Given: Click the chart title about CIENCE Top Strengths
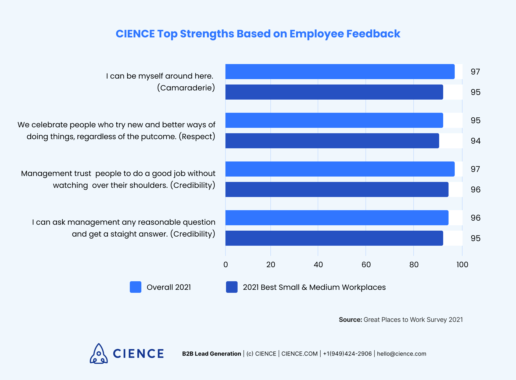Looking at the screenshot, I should [258, 34].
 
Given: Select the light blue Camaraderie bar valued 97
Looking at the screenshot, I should [340, 72].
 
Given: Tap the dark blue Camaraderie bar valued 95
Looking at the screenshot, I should [334, 92].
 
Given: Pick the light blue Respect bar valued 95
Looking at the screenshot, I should [334, 120].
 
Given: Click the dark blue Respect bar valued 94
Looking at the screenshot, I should [332, 141].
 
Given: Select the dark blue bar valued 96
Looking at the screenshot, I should [337, 189].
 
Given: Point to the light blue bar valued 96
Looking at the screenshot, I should [337, 218].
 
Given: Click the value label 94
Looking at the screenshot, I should [475, 141].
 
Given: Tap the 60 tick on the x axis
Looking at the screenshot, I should [366, 265].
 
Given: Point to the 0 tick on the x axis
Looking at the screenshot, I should [226, 265].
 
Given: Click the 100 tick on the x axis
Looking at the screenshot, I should [462, 265].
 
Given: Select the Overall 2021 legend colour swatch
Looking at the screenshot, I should [135, 287].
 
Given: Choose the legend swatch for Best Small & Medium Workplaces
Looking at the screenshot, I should [232, 287].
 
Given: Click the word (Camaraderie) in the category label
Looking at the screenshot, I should [186, 88].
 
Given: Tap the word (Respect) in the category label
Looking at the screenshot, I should [197, 136].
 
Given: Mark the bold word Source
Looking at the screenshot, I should [350, 320].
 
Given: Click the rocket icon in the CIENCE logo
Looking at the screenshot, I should [99, 354].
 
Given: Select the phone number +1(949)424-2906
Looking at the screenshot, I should [347, 354].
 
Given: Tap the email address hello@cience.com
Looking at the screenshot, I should [402, 354].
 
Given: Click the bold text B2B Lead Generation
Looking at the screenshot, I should [212, 354].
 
